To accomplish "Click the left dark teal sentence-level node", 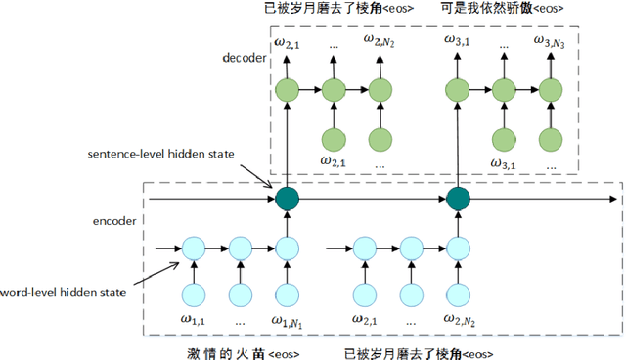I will [x=287, y=200].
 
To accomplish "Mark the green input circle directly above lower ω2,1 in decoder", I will [x=334, y=137].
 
